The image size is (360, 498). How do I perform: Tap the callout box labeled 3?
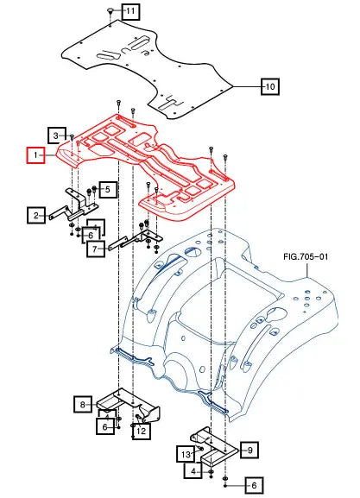point(57,136)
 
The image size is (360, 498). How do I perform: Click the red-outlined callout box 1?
point(35,155)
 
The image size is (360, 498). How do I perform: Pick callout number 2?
point(108,188)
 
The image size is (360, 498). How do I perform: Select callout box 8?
point(83,404)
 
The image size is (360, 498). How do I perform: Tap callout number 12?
point(142,430)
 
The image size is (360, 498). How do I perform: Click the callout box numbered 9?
point(246,449)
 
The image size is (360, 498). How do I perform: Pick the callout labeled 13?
point(186,454)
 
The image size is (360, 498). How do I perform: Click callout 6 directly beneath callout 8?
point(105,426)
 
